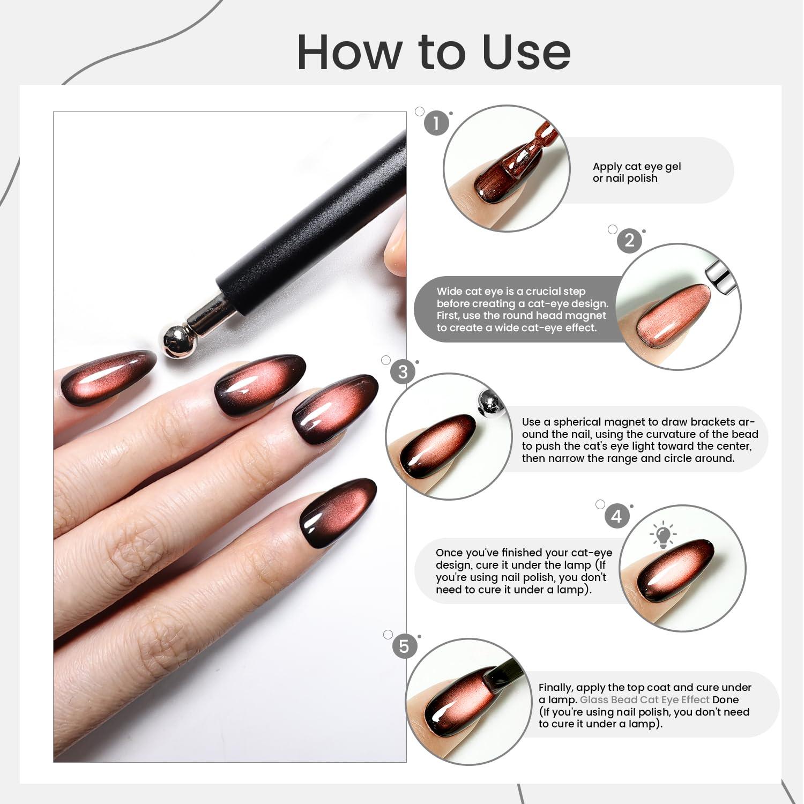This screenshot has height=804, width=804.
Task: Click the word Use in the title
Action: pyautogui.click(x=526, y=52)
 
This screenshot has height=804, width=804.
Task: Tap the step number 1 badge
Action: pyautogui.click(x=436, y=123)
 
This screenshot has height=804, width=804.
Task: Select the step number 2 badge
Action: pyautogui.click(x=630, y=240)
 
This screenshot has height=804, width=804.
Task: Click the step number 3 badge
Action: pyautogui.click(x=403, y=372)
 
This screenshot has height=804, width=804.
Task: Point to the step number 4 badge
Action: pyautogui.click(x=617, y=516)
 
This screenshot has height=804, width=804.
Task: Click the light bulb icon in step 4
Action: pyautogui.click(x=663, y=535)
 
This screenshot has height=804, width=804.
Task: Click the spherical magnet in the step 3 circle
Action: pyautogui.click(x=489, y=403)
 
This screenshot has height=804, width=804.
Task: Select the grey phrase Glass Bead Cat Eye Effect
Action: pyautogui.click(x=645, y=699)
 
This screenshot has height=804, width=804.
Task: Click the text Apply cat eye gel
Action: pyautogui.click(x=637, y=166)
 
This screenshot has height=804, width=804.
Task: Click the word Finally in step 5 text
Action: pyautogui.click(x=555, y=688)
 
